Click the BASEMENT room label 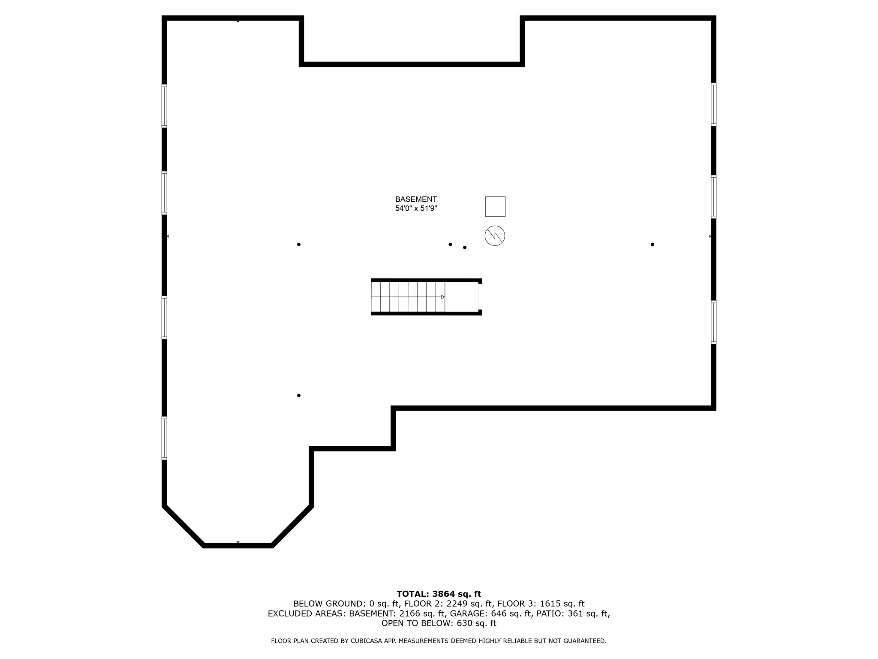416,200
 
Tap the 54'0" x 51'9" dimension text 416,209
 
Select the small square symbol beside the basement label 495,206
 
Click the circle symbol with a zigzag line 495,236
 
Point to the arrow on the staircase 442,297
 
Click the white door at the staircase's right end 480,296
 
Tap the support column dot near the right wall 652,245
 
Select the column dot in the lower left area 299,396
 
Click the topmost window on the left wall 164,106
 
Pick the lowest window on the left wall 164,438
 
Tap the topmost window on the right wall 714,104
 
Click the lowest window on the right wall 714,322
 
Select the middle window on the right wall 714,197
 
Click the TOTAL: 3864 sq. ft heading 439,594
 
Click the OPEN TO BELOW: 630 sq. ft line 439,623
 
